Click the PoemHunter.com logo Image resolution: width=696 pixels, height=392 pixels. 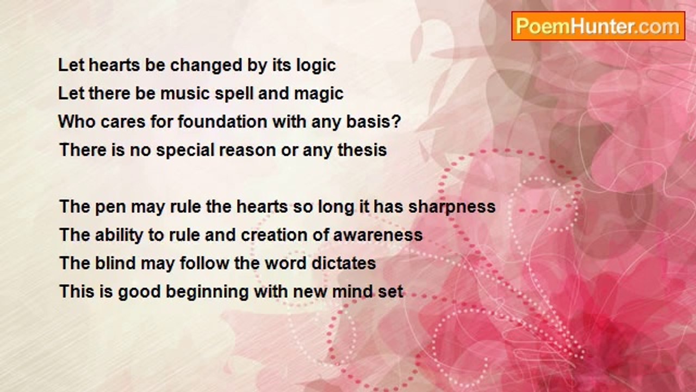click(598, 26)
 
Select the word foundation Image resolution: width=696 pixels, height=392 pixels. click(222, 121)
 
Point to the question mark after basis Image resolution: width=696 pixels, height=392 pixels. click(396, 121)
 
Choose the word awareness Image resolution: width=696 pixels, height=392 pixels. click(378, 235)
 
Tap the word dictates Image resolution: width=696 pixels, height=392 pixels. click(344, 263)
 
